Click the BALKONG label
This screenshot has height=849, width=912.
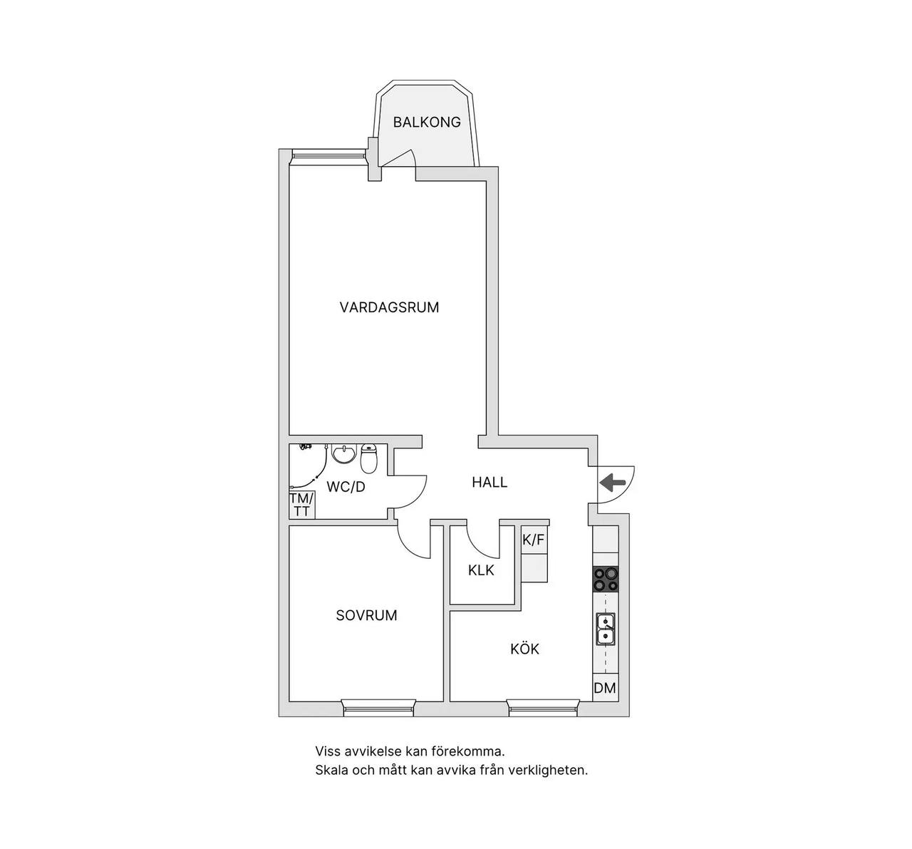pos(427,123)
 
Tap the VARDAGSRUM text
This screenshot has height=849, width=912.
pos(390,307)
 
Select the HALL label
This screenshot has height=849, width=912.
pos(489,482)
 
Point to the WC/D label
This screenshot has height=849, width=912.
pos(346,487)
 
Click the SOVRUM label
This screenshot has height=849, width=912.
pos(366,615)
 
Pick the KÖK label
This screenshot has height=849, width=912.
pos(525,649)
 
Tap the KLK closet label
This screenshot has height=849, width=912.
pos(481,570)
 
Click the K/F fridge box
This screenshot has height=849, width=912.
pos(534,540)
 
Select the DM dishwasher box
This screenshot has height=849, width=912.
pos(605,688)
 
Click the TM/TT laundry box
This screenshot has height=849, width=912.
pos(301,505)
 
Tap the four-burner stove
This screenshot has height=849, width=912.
pos(606,579)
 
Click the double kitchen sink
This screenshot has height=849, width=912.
pos(606,629)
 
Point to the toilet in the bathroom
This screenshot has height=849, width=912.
pos(369,458)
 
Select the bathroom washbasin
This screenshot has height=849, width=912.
pos(343,454)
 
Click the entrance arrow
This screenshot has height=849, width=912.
pos(613,483)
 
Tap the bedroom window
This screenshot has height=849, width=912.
pos(378,709)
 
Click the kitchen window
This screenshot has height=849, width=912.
pos(543,709)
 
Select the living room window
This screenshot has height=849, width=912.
pos(329,156)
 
